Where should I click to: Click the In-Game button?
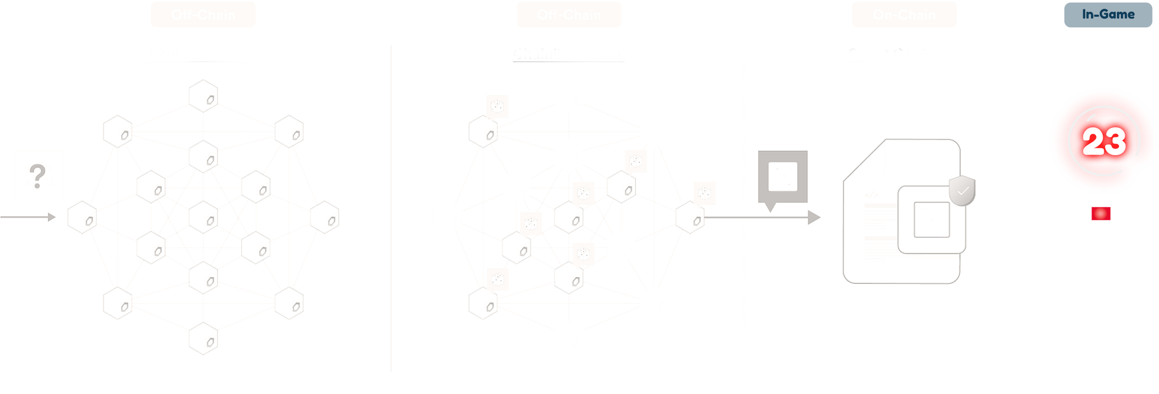point(1108,15)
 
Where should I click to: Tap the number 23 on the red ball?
point(1104,142)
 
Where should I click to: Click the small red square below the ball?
point(1101,213)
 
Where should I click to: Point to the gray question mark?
point(37,176)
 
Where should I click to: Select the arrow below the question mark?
point(28,217)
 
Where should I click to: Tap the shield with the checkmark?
point(962,190)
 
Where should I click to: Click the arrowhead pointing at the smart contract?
point(814,217)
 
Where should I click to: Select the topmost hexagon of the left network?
point(203,96)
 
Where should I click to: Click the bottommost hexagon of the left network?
point(203,338)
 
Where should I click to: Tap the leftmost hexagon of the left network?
point(82,217)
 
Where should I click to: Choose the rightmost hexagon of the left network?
point(324,217)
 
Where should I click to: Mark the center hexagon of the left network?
point(203,217)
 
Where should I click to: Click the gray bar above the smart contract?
point(901,120)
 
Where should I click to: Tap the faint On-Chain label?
point(904,15)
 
